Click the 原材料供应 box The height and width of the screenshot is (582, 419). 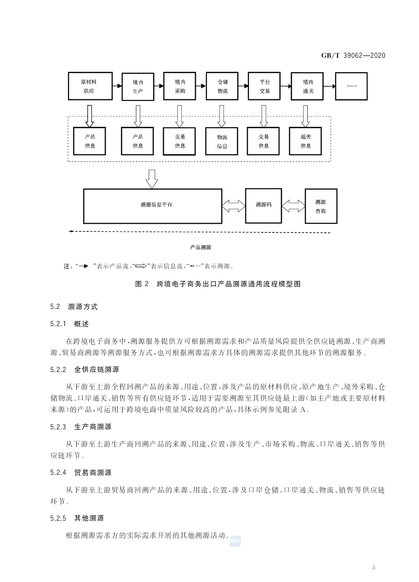pos(89,86)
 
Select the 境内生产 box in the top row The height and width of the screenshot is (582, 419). pos(138,86)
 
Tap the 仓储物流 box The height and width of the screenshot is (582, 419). pos(223,86)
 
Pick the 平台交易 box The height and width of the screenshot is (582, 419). pos(264,86)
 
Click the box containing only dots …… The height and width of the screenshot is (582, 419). pos(352,86)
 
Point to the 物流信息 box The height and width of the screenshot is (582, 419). pos(222,141)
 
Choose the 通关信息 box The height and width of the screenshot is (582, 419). pos(306,141)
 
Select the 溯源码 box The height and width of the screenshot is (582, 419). pos(264,205)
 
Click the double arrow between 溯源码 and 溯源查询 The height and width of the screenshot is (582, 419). pos(293,206)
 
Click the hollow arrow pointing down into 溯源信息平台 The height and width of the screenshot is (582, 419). pos(152,178)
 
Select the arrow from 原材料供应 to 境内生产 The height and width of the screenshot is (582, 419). pos(117,86)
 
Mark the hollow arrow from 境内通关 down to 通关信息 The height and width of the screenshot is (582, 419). pos(305,116)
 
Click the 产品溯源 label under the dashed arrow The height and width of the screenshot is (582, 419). pos(200,248)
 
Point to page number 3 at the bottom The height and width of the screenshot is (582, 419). pos(373,567)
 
